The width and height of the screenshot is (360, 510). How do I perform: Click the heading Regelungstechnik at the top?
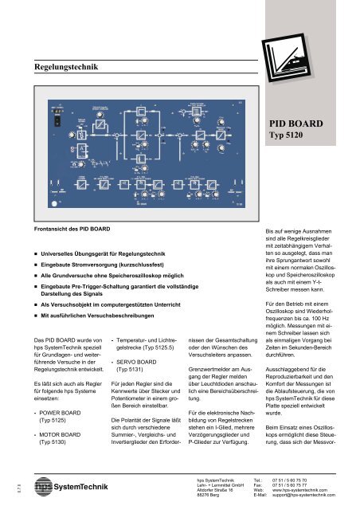67,69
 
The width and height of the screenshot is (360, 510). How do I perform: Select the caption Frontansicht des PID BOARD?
72,229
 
